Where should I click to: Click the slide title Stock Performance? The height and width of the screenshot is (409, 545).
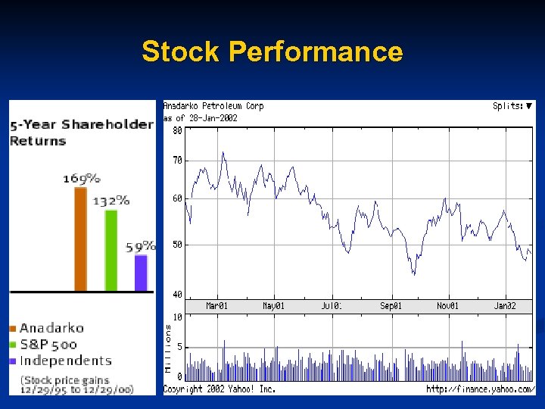pos(272,52)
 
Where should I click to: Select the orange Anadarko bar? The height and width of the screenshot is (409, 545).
pos(81,239)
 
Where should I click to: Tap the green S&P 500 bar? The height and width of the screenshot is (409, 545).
pos(111,250)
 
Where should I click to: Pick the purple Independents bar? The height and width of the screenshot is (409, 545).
pos(141,273)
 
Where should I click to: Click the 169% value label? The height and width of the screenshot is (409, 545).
pos(81,179)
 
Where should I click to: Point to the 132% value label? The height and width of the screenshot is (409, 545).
pos(111,201)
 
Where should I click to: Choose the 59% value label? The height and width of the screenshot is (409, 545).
pos(141,246)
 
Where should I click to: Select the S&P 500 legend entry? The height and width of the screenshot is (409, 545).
pos(48,345)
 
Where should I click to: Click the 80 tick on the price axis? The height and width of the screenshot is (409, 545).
pos(177,130)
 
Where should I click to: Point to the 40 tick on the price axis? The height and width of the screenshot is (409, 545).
pos(177,294)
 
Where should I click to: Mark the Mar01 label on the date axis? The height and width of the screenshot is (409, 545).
pos(217,306)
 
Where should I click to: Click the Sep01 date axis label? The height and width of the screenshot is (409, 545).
pos(391,306)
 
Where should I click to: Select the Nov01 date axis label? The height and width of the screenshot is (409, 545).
pos(447,306)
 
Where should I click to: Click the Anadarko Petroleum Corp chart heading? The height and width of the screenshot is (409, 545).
pos(213,107)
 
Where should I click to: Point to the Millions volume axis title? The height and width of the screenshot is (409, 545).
pos(169,348)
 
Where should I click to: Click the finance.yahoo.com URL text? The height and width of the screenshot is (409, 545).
pos(480,389)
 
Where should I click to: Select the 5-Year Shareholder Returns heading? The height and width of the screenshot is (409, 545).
pos(81,132)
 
